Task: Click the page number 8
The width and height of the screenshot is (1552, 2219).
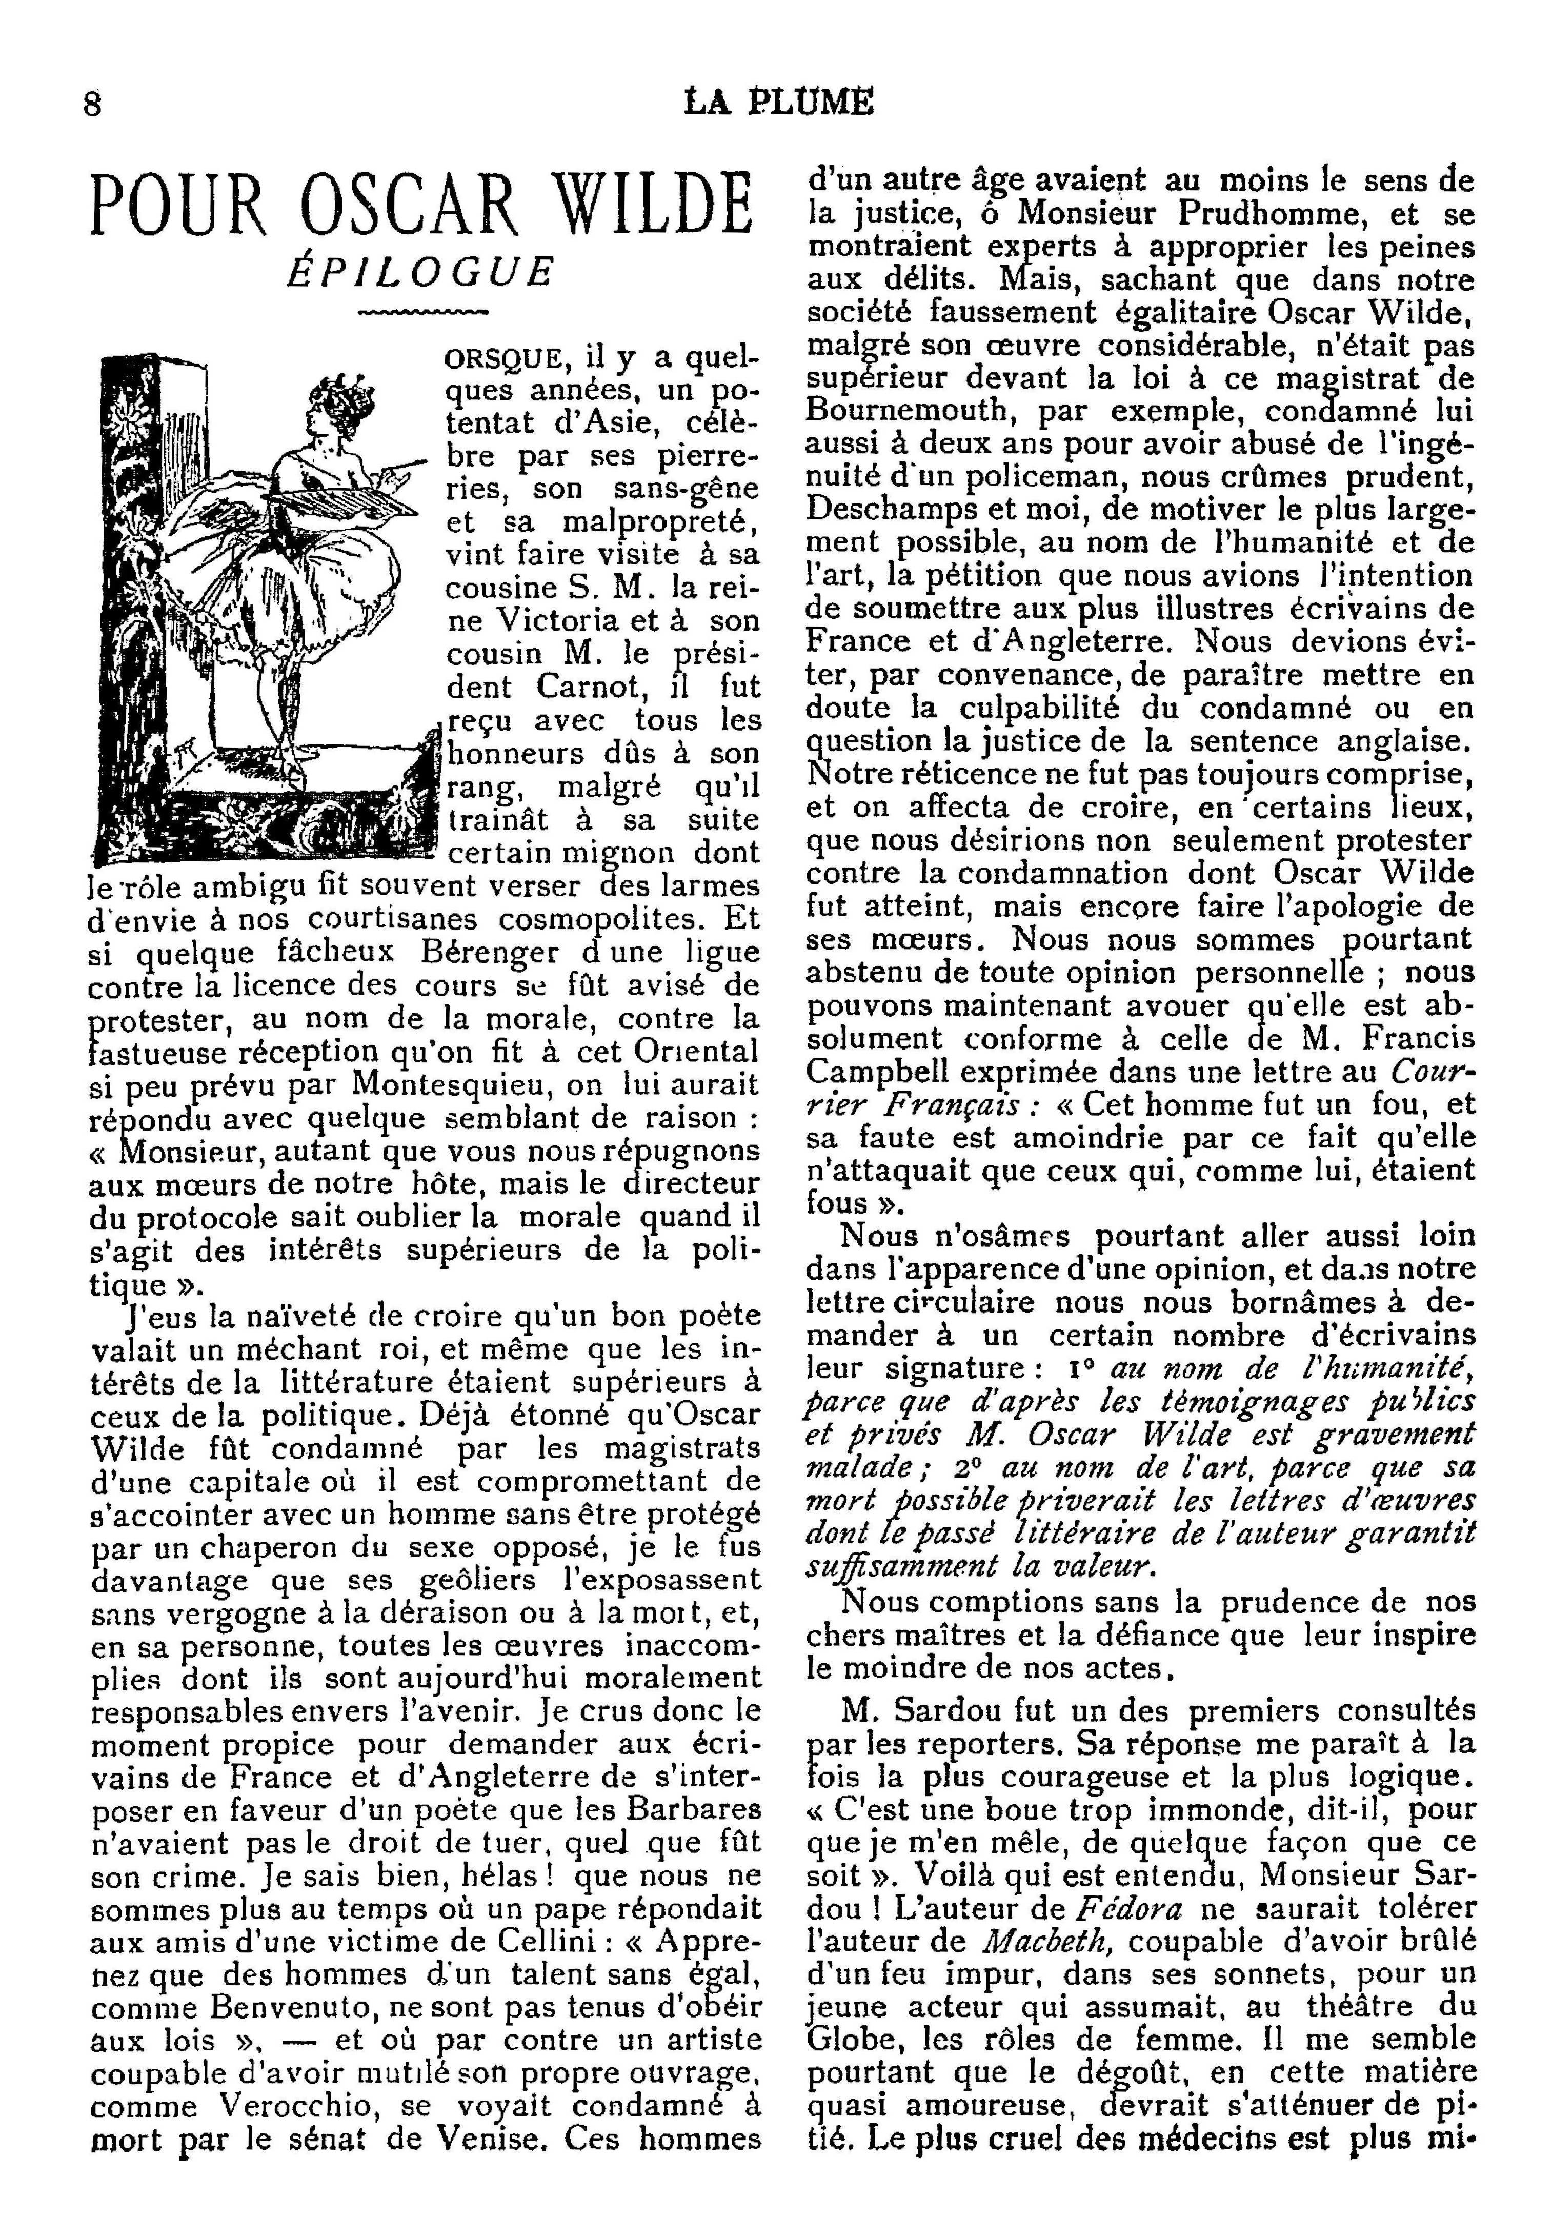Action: click(x=93, y=104)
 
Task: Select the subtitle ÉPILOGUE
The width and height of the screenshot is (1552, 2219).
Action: click(x=421, y=272)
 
